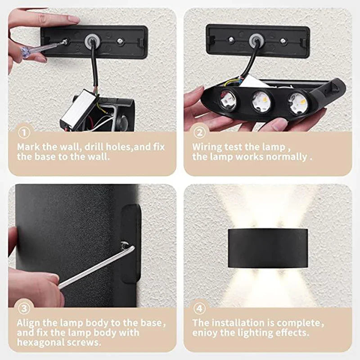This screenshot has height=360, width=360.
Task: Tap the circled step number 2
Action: pos(199,133)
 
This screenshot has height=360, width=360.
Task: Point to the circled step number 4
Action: pos(199,309)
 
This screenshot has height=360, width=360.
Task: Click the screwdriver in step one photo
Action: pos(43,49)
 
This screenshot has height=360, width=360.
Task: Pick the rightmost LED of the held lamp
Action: pos(297,103)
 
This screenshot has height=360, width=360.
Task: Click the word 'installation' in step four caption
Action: pos(239,323)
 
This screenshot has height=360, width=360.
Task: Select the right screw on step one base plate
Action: pos(120,41)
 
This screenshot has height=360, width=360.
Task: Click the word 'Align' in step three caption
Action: pos(28,323)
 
